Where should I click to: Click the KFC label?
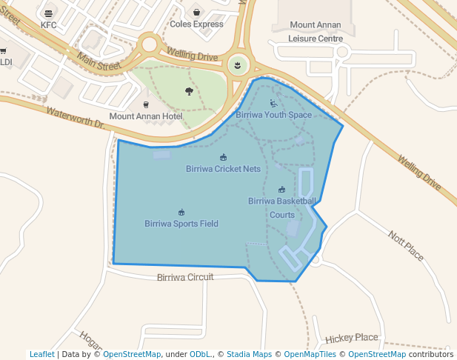click(49, 24)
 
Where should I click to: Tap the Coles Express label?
click(196, 24)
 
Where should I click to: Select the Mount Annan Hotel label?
click(146, 116)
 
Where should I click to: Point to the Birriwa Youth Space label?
click(273, 115)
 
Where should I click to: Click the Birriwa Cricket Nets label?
click(223, 169)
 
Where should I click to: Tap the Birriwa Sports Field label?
click(181, 223)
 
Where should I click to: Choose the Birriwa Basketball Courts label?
click(282, 207)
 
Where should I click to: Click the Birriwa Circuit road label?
click(185, 277)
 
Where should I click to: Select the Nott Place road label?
click(406, 245)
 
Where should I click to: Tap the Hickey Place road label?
click(352, 338)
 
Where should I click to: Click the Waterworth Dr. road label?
click(75, 119)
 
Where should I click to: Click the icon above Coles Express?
click(196, 12)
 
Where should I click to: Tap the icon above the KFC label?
click(49, 13)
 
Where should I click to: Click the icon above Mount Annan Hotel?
click(146, 104)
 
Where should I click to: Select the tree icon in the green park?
click(189, 91)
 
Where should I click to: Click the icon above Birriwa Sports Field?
click(181, 212)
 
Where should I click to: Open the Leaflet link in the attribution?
click(41, 354)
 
